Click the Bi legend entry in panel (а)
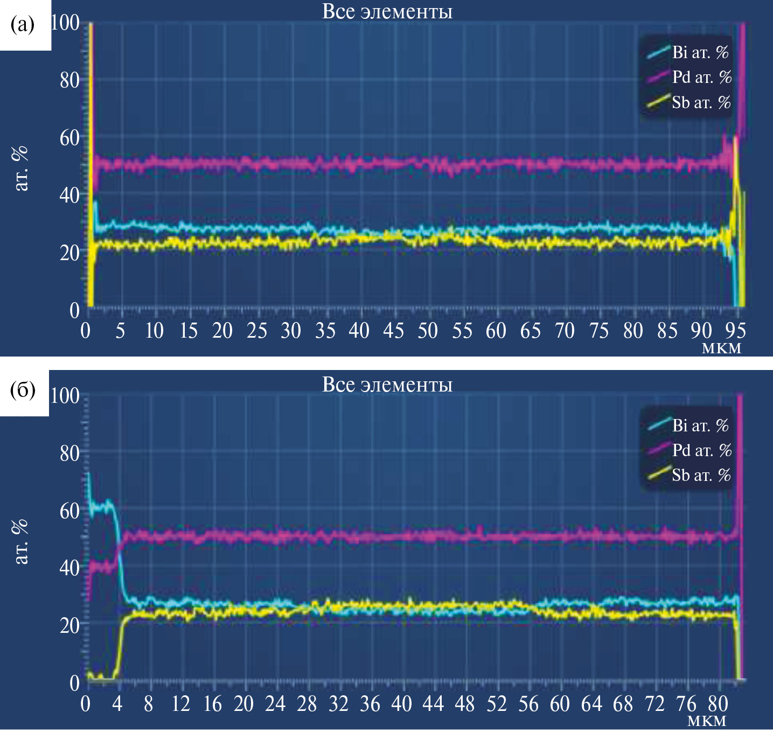pyautogui.click(x=689, y=52)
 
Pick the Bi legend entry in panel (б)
pyautogui.click(x=689, y=425)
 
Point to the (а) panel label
pyautogui.click(x=23, y=24)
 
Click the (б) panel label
pyautogui.click(x=23, y=389)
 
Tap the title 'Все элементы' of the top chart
pyautogui.click(x=387, y=11)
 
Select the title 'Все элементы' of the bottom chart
pyautogui.click(x=387, y=385)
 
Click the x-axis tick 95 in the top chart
pyautogui.click(x=735, y=331)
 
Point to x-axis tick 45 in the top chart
pyautogui.click(x=393, y=331)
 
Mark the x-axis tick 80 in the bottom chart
pyautogui.click(x=718, y=704)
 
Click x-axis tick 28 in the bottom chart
pyautogui.click(x=307, y=704)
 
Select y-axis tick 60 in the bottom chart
pyautogui.click(x=69, y=511)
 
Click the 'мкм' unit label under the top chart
pyautogui.click(x=722, y=348)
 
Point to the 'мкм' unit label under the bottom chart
pyautogui.click(x=707, y=721)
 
